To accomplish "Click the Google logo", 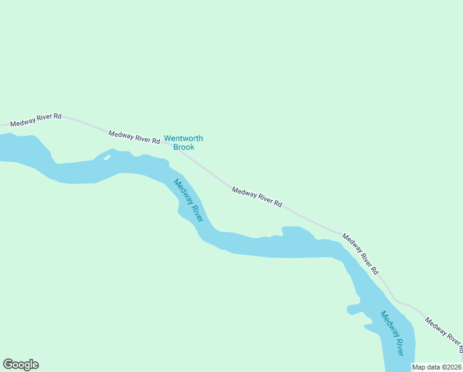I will click(x=20, y=365).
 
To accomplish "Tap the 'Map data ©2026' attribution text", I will click(x=437, y=367).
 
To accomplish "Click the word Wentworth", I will click(x=183, y=139).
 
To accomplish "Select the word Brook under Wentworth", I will click(x=184, y=147).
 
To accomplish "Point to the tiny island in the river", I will click(x=108, y=157).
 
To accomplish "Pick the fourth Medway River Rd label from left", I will click(x=360, y=254).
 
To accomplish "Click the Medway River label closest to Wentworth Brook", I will click(x=189, y=200).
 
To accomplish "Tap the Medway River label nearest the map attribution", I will click(x=392, y=333).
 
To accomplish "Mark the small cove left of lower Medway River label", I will click(x=354, y=309).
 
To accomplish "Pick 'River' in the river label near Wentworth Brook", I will click(x=196, y=213).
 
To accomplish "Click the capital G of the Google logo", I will click(x=8, y=364).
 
